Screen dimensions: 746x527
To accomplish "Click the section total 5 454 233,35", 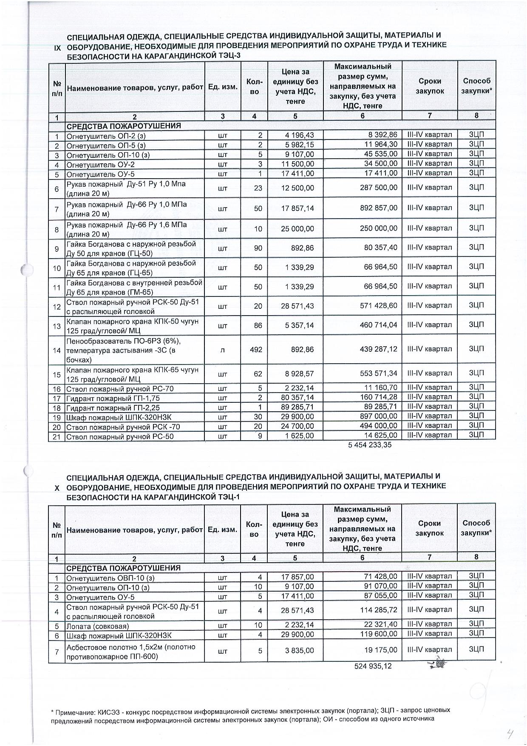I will click(x=370, y=445).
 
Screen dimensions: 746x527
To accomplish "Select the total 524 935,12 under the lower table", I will click(x=373, y=666).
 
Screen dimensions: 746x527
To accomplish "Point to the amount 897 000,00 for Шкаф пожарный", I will click(x=377, y=417).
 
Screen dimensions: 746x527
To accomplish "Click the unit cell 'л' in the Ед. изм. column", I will click(x=223, y=350).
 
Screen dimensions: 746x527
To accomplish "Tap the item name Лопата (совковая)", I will click(x=97, y=626).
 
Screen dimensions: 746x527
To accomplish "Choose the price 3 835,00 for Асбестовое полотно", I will click(x=298, y=651).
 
